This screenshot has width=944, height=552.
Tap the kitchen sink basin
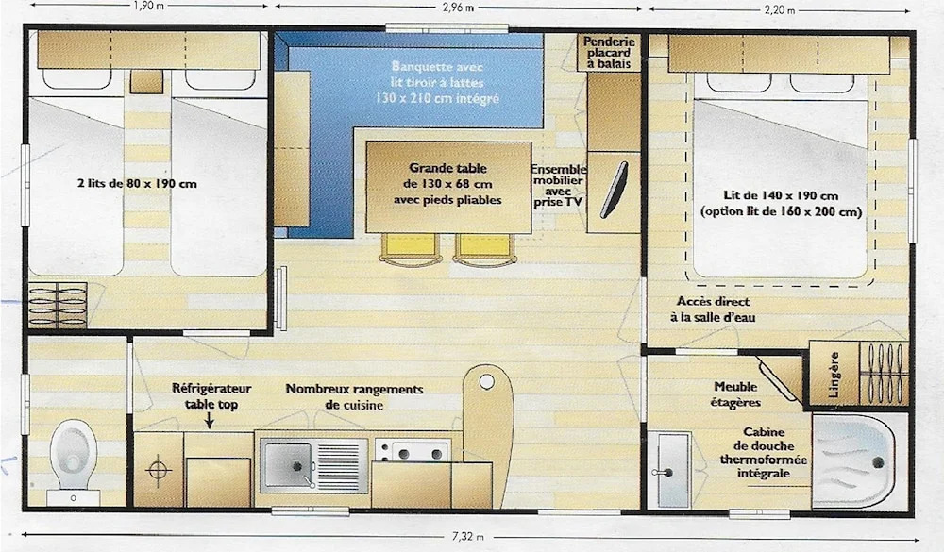click(x=287, y=464)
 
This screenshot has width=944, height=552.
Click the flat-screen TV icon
click(x=615, y=190)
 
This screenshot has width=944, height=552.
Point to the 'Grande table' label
click(x=447, y=168)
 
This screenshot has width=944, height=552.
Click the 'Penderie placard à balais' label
click(x=609, y=53)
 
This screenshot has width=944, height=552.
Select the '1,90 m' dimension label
click(x=147, y=6)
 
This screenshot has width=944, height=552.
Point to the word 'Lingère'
click(x=834, y=375)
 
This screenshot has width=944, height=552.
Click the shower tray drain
click(x=878, y=462)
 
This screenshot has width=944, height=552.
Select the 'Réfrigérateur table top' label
click(x=211, y=396)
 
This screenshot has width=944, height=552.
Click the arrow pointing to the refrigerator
click(x=209, y=421)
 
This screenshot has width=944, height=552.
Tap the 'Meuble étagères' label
click(x=735, y=394)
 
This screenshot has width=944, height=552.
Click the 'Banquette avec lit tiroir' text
click(x=437, y=74)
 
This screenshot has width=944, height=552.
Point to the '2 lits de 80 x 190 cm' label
click(x=137, y=184)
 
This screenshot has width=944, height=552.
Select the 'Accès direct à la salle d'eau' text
click(x=713, y=309)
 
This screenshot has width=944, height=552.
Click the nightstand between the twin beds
click(x=146, y=82)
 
